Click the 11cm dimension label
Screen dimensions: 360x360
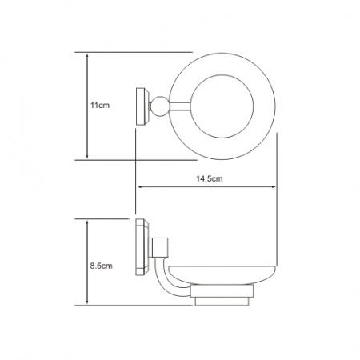pos(100,106)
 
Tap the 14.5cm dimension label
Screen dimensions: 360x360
pos(210,178)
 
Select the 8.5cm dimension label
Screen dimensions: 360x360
pos(101,266)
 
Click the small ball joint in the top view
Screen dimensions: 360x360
pos(160,106)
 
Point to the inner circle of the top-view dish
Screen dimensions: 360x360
pos(222,75)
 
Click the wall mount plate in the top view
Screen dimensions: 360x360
pos(142,106)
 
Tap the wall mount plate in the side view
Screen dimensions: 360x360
pos(142,247)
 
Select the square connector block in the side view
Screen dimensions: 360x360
pos(158,247)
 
